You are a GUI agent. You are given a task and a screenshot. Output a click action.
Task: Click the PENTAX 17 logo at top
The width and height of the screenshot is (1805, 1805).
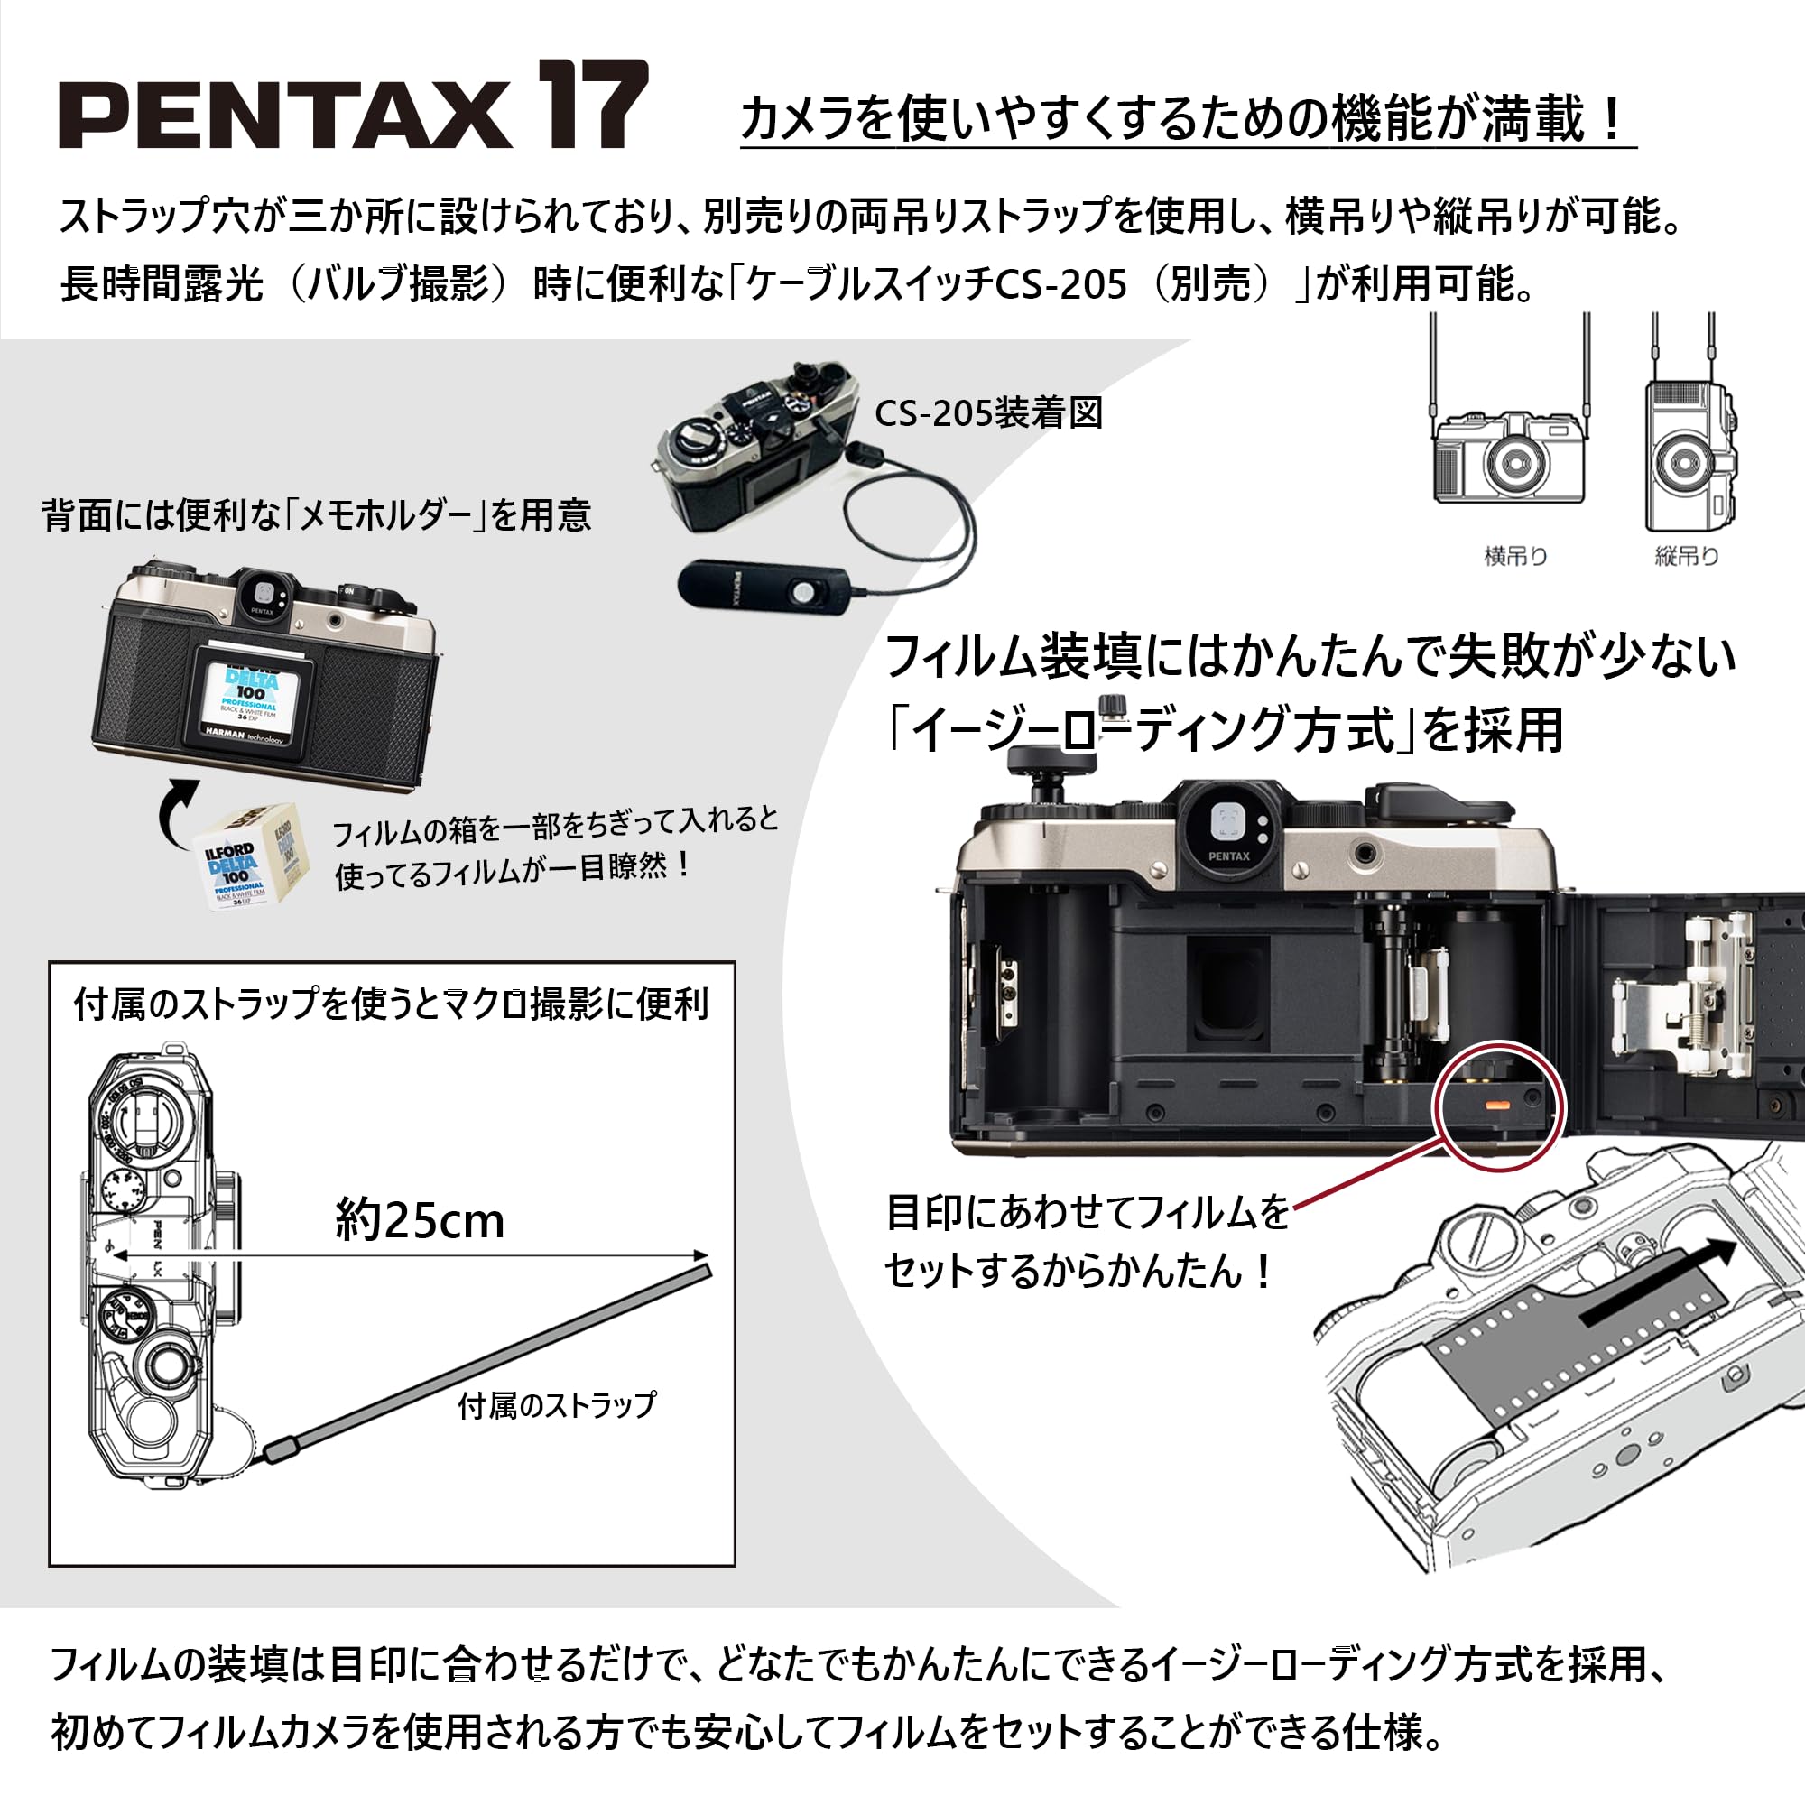pyautogui.click(x=353, y=105)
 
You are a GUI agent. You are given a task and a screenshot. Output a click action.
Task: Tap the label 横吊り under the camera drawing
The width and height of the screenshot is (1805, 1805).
pyautogui.click(x=1515, y=557)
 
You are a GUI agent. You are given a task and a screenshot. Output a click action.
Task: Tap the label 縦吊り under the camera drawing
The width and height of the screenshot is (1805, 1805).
pyautogui.click(x=1687, y=557)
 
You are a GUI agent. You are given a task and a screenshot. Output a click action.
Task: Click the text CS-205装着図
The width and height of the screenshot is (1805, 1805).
pyautogui.click(x=988, y=413)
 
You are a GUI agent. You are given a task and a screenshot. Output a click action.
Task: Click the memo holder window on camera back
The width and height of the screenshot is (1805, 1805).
pyautogui.click(x=250, y=700)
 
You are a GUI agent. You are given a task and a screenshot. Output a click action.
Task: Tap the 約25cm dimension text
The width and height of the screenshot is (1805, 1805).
pyautogui.click(x=420, y=1221)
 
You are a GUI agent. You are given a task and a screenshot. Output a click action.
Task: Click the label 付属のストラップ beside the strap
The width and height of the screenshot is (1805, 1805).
pyautogui.click(x=557, y=1405)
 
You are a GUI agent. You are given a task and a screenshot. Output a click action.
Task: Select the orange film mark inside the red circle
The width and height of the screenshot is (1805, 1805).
pyautogui.click(x=1496, y=1105)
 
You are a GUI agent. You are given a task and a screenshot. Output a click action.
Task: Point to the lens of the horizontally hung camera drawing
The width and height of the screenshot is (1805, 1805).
pyautogui.click(x=1513, y=463)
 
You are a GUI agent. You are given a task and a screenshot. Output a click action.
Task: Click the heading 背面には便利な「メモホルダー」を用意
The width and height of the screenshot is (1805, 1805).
pyautogui.click(x=316, y=514)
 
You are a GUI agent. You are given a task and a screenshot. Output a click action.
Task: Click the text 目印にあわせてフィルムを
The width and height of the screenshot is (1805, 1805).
pyautogui.click(x=1087, y=1213)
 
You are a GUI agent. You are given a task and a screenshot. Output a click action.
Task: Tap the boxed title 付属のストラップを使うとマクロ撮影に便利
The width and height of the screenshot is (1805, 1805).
pyautogui.click(x=391, y=1004)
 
